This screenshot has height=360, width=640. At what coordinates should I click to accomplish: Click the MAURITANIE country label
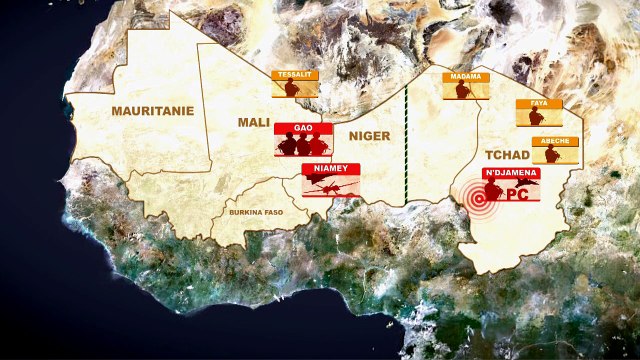click(x=153, y=111)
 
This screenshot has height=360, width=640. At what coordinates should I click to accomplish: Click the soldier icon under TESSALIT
click(x=292, y=89)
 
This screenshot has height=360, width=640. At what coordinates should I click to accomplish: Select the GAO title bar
click(x=302, y=129)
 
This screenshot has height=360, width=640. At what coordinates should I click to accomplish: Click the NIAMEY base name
click(x=330, y=169)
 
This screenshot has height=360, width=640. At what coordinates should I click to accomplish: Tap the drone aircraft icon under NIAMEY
click(x=330, y=185)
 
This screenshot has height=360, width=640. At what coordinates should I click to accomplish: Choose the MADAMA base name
click(x=464, y=77)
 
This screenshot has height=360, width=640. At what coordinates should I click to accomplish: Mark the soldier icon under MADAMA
click(x=464, y=91)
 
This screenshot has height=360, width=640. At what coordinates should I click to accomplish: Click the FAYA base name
click(x=538, y=104)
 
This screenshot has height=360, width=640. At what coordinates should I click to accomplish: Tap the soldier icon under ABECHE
click(x=553, y=155)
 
